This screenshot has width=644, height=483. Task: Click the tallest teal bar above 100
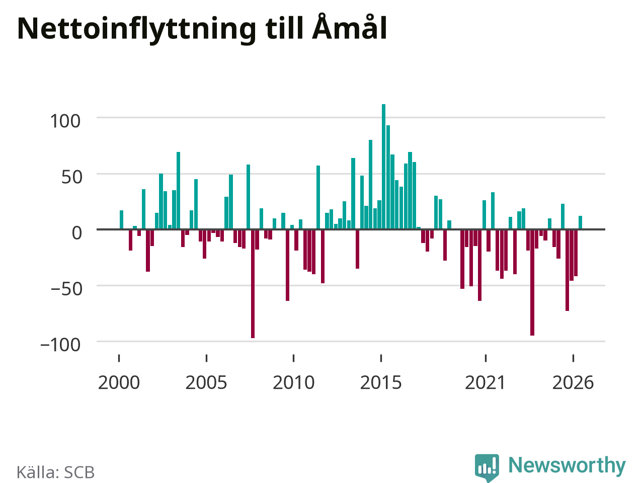click(383, 167)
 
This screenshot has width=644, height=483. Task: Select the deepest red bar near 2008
click(253, 284)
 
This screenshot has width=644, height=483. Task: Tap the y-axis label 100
click(65, 121)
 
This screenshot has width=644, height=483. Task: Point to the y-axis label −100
click(60, 345)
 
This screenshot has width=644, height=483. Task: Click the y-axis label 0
click(77, 233)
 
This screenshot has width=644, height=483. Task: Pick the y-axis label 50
click(71, 177)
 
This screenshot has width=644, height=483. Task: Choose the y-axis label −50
click(66, 289)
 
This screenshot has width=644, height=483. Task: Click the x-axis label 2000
click(119, 383)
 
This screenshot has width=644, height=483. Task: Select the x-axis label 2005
click(206, 383)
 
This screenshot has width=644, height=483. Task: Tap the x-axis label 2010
click(294, 383)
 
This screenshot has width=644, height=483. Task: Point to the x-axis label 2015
click(381, 383)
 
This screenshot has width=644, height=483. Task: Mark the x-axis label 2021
click(486, 383)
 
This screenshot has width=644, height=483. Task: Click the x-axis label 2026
click(573, 383)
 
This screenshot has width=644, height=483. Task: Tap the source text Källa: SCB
click(55, 472)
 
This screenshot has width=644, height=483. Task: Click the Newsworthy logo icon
click(487, 468)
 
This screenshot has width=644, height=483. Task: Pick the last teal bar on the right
click(580, 222)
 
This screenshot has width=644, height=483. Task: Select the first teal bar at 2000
click(121, 220)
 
